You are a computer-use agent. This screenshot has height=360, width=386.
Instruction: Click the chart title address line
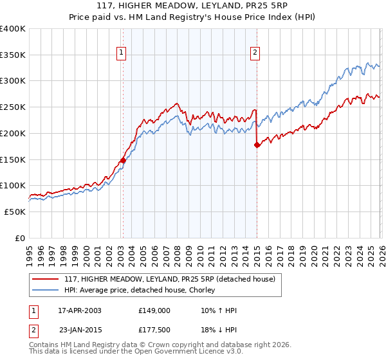pyautogui.click(x=193, y=6)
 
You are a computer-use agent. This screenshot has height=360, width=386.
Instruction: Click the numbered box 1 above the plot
pyautogui.click(x=122, y=53)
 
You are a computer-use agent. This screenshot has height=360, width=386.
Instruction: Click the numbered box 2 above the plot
pyautogui.click(x=255, y=53)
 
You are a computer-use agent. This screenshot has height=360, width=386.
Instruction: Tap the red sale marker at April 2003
pyautogui.click(x=123, y=160)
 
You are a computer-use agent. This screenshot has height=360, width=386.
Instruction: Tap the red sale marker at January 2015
pyautogui.click(x=257, y=145)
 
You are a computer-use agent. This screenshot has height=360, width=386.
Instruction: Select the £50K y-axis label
pyautogui.click(x=14, y=212)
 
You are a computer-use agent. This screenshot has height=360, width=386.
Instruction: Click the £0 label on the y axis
pyautogui.click(x=21, y=238)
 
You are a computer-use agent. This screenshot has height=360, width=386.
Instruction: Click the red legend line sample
pyautogui.click(x=46, y=279)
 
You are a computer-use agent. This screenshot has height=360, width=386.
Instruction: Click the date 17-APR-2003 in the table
pyautogui.click(x=80, y=310)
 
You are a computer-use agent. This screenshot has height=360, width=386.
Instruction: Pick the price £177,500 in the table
pyautogui.click(x=154, y=331)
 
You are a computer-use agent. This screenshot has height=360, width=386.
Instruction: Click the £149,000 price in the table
pyautogui.click(x=154, y=310)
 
